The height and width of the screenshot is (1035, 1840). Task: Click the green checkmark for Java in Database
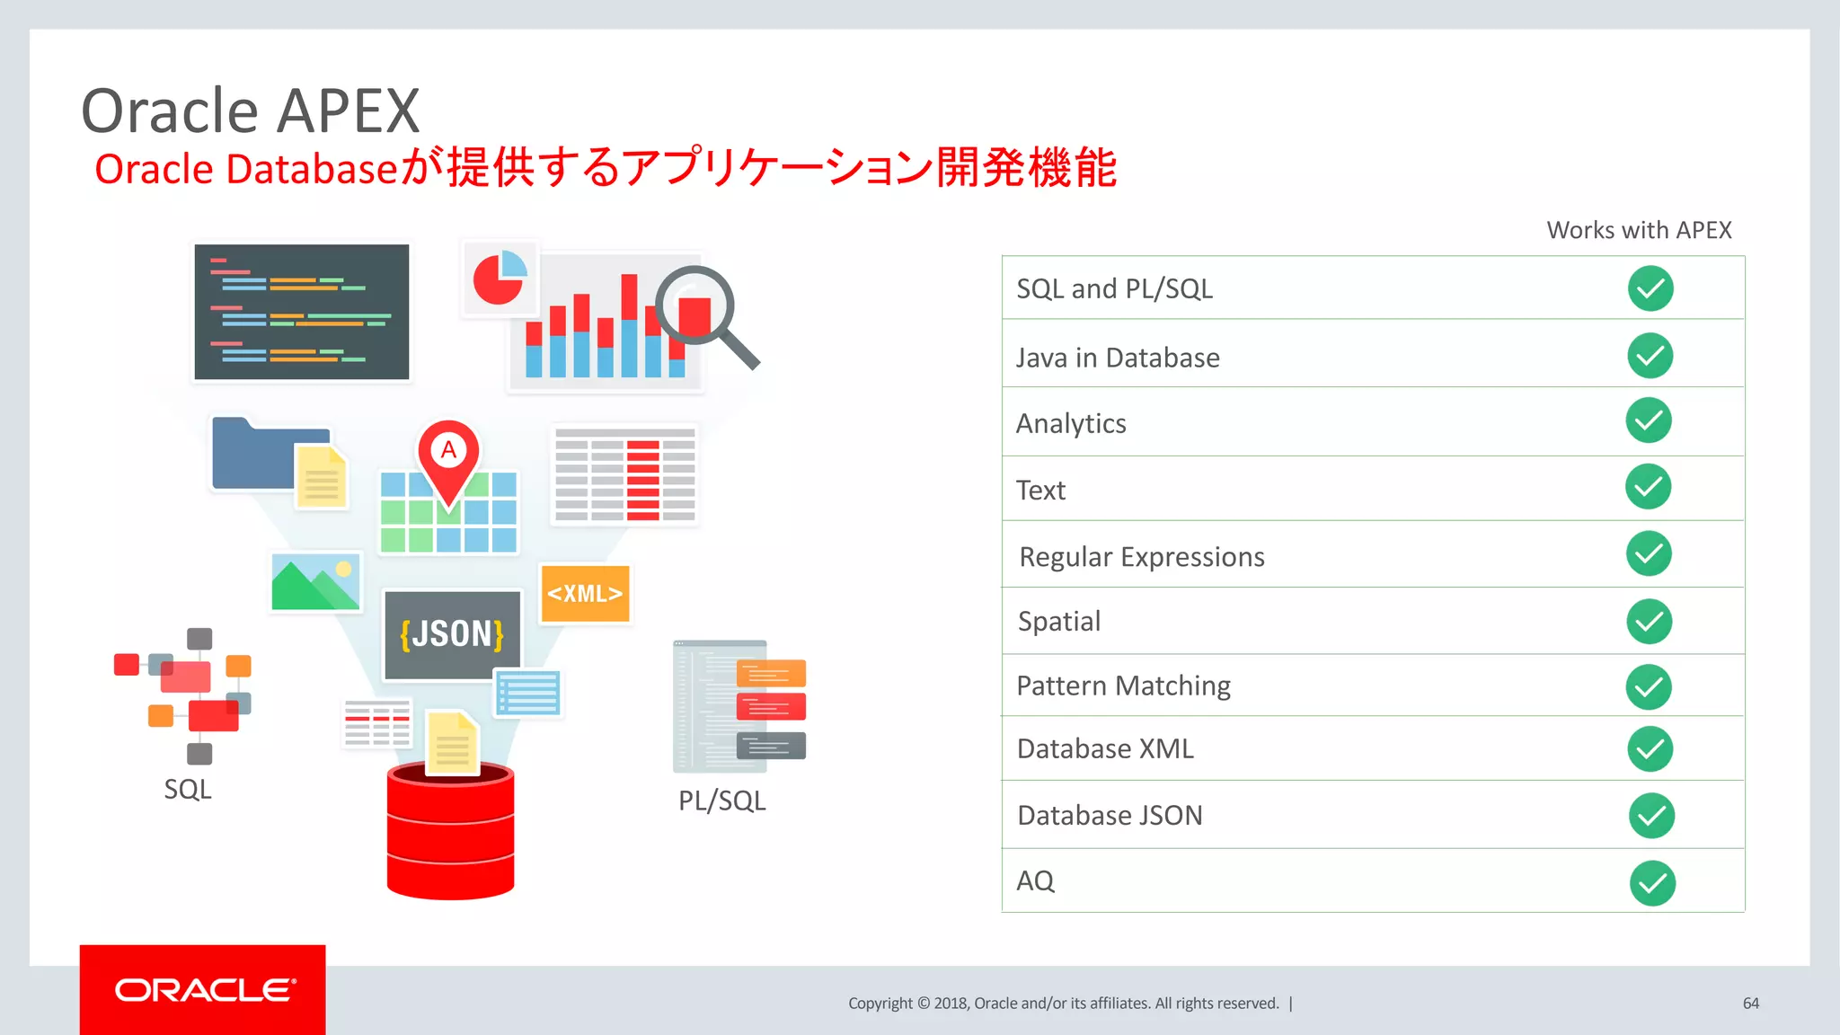point(1650,356)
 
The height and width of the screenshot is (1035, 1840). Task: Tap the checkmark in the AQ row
point(1652,883)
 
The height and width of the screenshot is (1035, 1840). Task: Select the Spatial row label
point(1059,622)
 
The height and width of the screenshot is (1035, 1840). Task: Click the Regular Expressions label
point(1142,557)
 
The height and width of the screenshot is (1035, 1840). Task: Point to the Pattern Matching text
point(1123,686)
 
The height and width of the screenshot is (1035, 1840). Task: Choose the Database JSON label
point(1110,816)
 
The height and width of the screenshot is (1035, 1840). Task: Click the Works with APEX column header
point(1639,230)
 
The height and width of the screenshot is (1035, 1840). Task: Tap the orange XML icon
point(585,594)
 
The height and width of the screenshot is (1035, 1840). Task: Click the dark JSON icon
point(452,634)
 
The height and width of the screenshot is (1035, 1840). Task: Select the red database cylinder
point(450,832)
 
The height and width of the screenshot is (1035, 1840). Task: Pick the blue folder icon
point(256,455)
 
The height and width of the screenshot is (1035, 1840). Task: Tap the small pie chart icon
point(499,277)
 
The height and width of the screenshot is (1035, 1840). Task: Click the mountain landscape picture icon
point(315,582)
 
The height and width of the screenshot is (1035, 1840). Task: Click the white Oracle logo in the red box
point(204,990)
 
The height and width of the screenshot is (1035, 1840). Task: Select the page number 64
point(1750,1004)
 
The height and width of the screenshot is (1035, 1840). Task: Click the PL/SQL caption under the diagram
point(721,801)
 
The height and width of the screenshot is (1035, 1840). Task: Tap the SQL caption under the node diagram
point(188,790)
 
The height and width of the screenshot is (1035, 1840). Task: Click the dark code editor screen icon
point(302,312)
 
